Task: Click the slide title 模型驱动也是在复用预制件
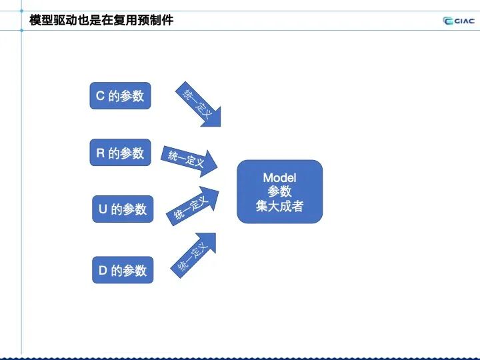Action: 101,20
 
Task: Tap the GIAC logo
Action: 459,20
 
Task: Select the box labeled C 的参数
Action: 120,96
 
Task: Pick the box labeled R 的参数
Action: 120,153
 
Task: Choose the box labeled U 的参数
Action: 122,209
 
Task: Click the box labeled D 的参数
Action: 122,271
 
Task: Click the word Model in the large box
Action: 279,177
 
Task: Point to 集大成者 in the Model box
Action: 279,206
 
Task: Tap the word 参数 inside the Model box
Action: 279,192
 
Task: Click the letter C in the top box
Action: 100,96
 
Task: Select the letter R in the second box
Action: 101,153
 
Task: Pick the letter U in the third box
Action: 103,209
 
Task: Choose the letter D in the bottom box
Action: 103,271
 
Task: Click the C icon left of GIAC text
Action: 449,20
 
